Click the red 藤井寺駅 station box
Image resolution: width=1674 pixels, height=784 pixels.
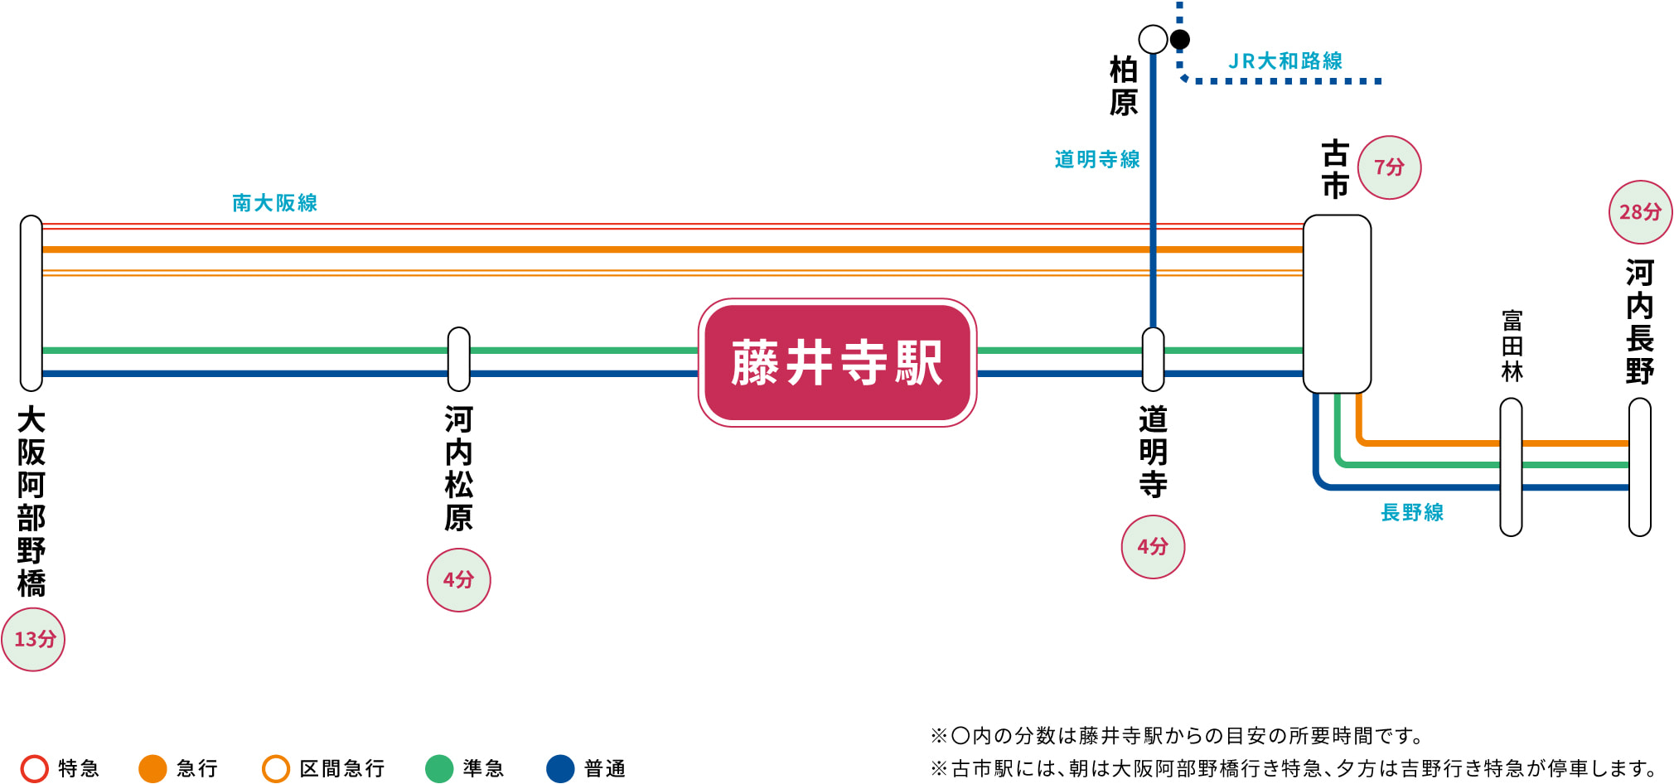(837, 363)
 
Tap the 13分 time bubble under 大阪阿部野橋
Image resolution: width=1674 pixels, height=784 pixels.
(33, 639)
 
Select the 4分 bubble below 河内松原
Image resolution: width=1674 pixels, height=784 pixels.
(458, 579)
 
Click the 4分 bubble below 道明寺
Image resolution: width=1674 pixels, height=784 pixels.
(1153, 546)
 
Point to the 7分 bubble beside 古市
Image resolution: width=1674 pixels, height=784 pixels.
(1390, 167)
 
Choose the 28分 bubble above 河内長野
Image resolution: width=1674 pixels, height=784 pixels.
(1640, 212)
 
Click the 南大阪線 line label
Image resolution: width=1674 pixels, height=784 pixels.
(274, 203)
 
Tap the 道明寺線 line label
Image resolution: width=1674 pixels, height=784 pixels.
(1097, 159)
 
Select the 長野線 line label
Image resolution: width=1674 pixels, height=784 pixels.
(1412, 513)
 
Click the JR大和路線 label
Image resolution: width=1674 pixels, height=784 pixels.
(1285, 61)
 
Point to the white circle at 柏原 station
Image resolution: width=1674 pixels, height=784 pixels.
(1153, 39)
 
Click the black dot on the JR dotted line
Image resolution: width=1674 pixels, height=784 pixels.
(1180, 39)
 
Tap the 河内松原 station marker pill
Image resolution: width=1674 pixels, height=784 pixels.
(458, 360)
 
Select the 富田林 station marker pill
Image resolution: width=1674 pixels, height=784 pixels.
(1511, 467)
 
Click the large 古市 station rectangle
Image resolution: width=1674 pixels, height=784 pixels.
(1337, 304)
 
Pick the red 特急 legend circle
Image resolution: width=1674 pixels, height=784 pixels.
(35, 768)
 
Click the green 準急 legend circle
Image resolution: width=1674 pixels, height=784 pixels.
(439, 768)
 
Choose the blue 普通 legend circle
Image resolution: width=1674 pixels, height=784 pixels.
(561, 768)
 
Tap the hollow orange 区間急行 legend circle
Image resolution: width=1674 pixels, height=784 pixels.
(276, 768)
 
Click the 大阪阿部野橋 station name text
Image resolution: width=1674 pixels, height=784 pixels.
(31, 501)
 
